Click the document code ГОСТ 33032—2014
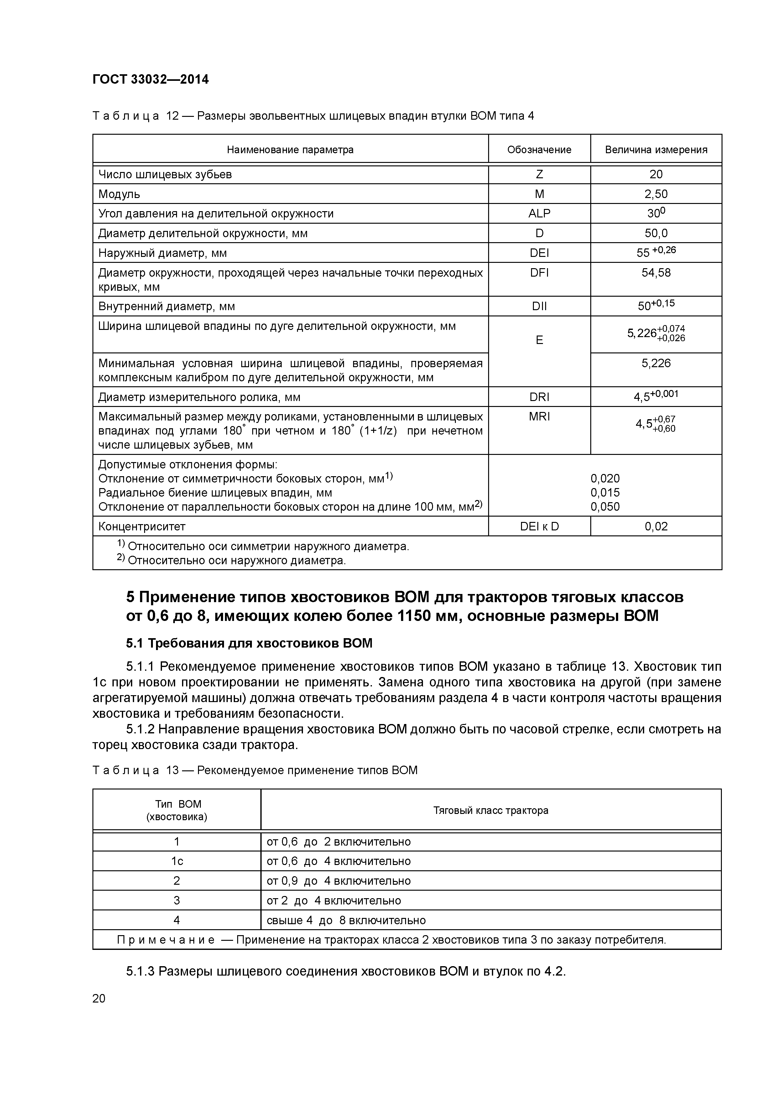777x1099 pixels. click(x=150, y=80)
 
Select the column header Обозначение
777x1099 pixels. click(x=539, y=150)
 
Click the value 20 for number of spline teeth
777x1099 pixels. click(x=655, y=174)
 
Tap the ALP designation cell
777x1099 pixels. click(x=539, y=213)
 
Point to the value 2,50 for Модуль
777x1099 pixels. click(x=655, y=194)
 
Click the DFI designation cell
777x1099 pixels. click(x=539, y=273)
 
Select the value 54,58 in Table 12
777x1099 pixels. click(x=655, y=273)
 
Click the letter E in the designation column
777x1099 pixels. click(x=539, y=340)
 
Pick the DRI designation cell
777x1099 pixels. click(x=539, y=397)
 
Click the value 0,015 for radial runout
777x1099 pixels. click(x=605, y=492)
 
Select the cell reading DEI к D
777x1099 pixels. click(x=539, y=527)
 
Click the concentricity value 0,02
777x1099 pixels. click(x=655, y=527)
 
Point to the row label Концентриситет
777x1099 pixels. click(x=142, y=527)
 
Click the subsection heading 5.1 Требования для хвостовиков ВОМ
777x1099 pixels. click(x=249, y=643)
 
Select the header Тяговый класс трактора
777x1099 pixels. click(x=490, y=810)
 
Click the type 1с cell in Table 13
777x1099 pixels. click(x=177, y=861)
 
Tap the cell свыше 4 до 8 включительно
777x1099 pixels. click(x=346, y=920)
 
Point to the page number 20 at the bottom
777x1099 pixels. click(x=99, y=998)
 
